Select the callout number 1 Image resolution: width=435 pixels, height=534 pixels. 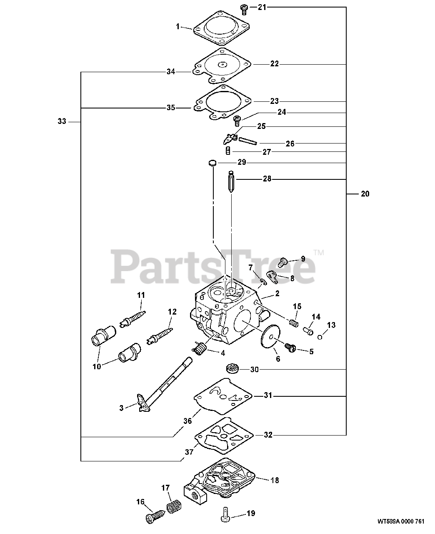coord(177,27)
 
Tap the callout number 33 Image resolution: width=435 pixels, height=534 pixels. coord(62,121)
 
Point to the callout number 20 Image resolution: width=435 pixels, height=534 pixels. coord(365,194)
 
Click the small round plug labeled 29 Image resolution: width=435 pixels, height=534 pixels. coord(212,163)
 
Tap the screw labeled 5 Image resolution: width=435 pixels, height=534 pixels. coord(290,347)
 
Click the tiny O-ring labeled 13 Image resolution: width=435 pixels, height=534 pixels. coord(331,337)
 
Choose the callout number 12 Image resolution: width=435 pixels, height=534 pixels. coord(172,312)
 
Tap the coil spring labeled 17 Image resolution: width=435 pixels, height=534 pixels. coord(172,507)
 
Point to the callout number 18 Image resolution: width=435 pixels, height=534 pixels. coord(275,480)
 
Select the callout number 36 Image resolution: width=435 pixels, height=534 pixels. coord(188,421)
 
